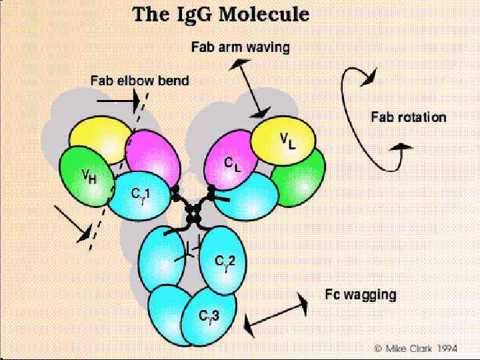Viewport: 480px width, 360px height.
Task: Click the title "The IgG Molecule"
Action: click(x=221, y=15)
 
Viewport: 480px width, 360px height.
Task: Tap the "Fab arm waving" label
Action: click(x=240, y=47)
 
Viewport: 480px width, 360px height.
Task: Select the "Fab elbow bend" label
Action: click(x=139, y=81)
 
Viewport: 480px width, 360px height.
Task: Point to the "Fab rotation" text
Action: click(x=408, y=117)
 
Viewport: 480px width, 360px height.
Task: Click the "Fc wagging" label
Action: click(x=360, y=294)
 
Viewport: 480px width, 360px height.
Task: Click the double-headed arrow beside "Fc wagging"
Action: click(x=277, y=315)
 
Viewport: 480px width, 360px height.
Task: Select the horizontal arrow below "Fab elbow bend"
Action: click(x=117, y=101)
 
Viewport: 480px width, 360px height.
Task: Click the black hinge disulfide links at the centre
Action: click(x=193, y=212)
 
